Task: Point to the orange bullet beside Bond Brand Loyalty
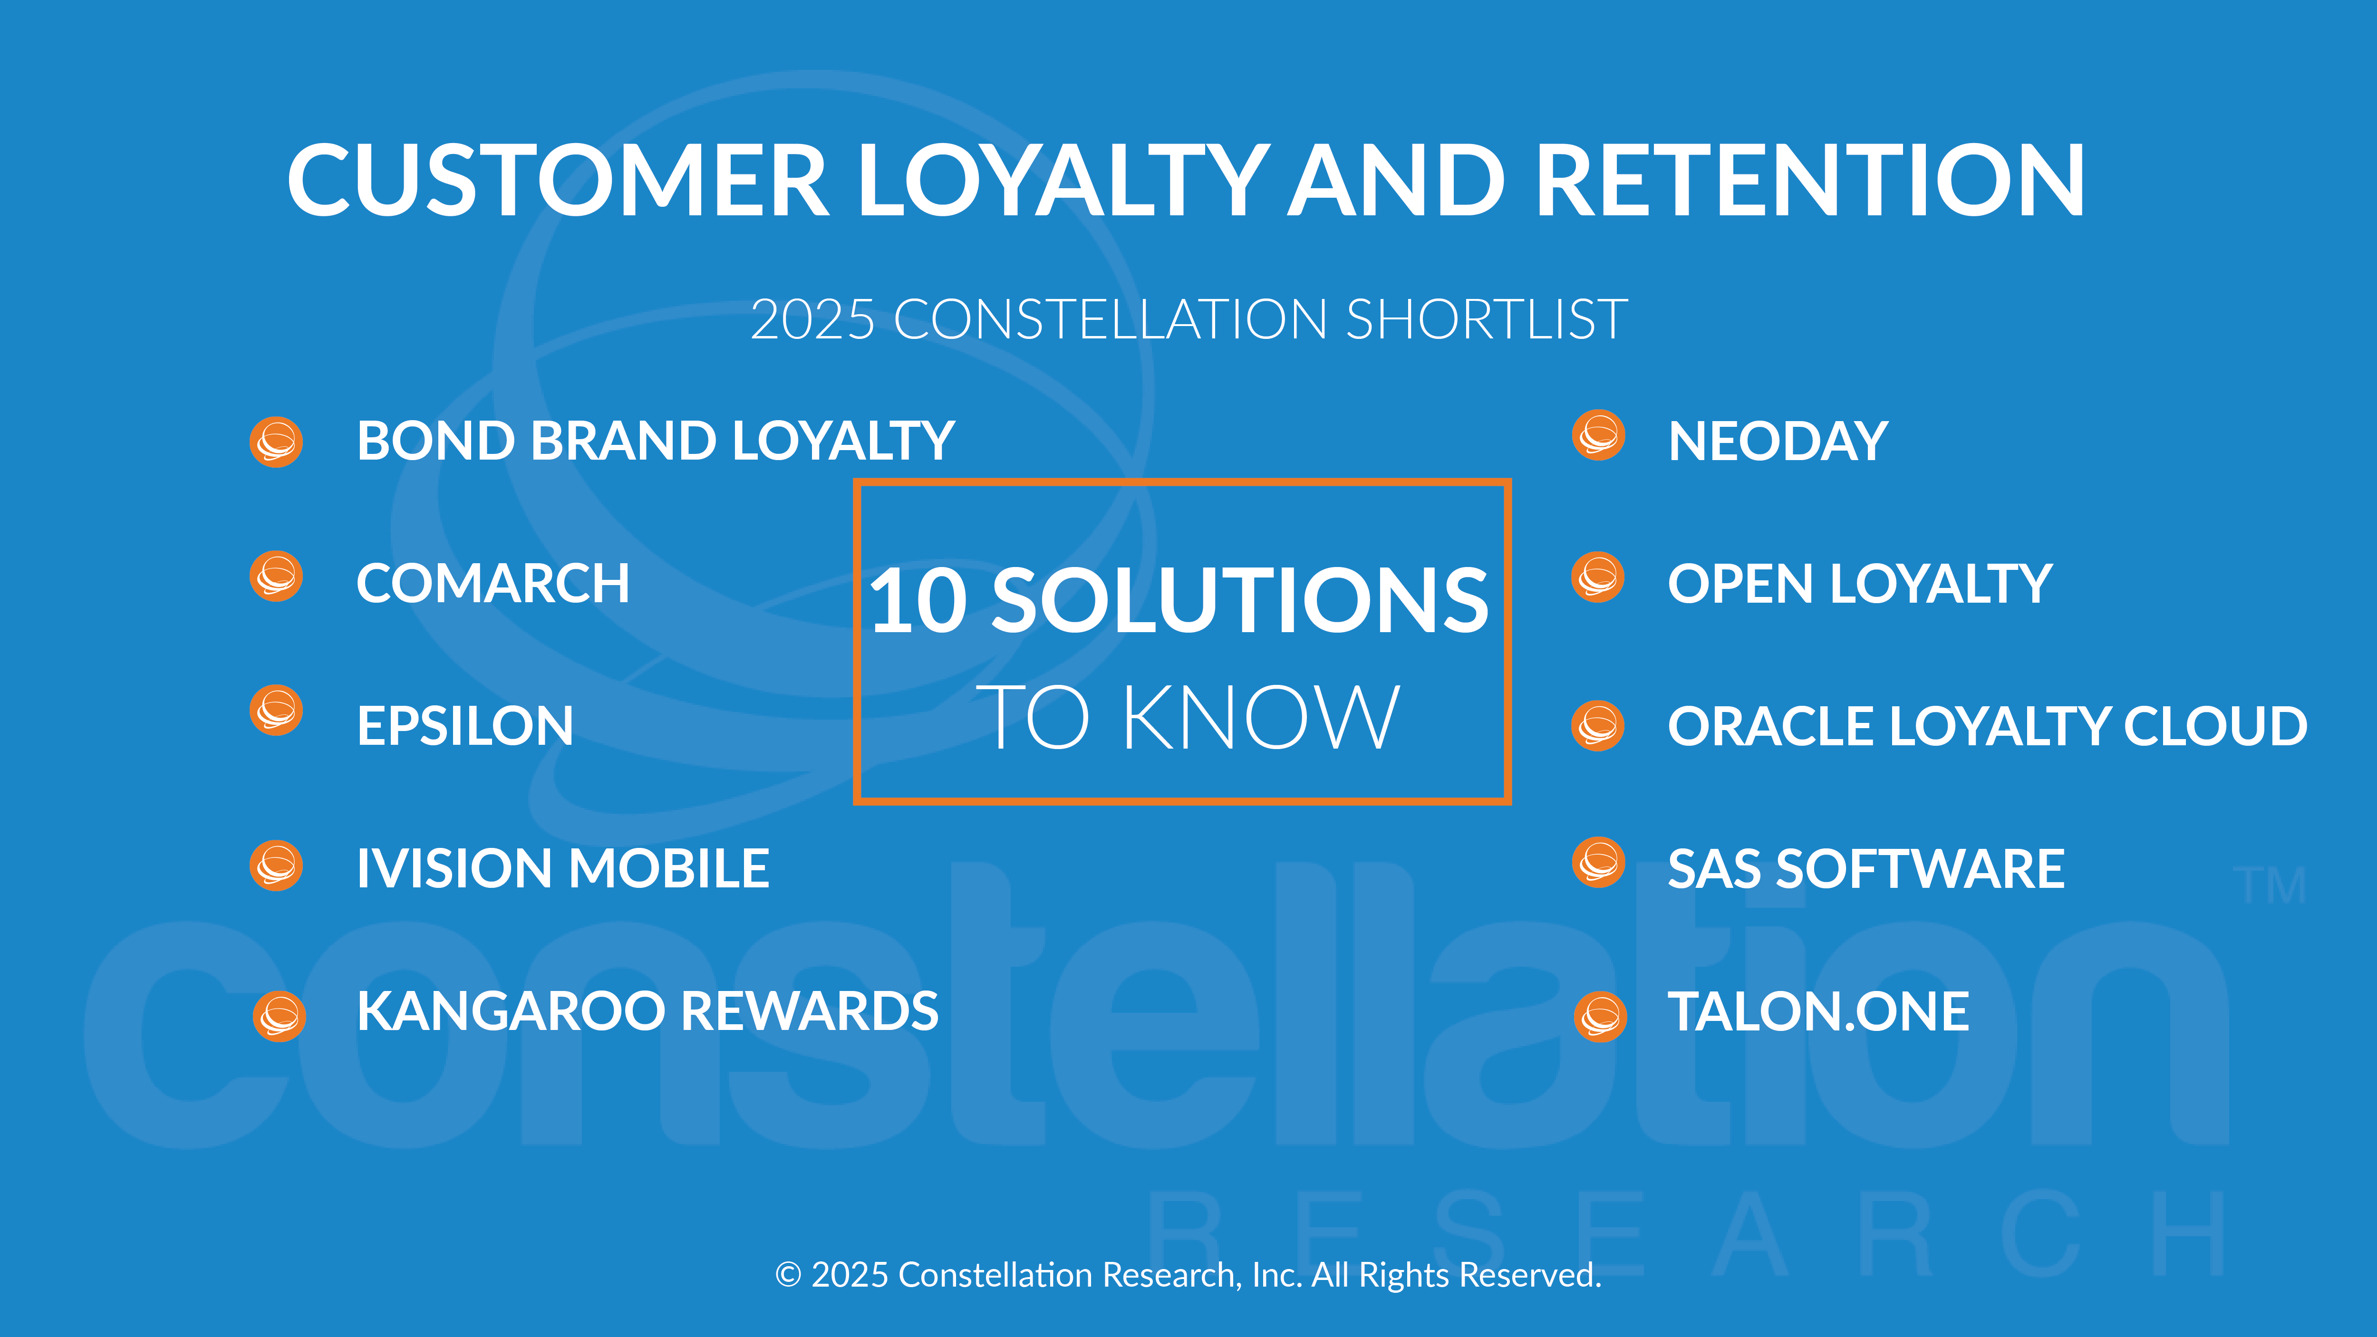(276, 442)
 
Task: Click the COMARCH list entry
(493, 583)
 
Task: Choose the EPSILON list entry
(465, 725)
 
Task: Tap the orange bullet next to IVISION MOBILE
(276, 866)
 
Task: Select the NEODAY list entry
(1778, 441)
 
